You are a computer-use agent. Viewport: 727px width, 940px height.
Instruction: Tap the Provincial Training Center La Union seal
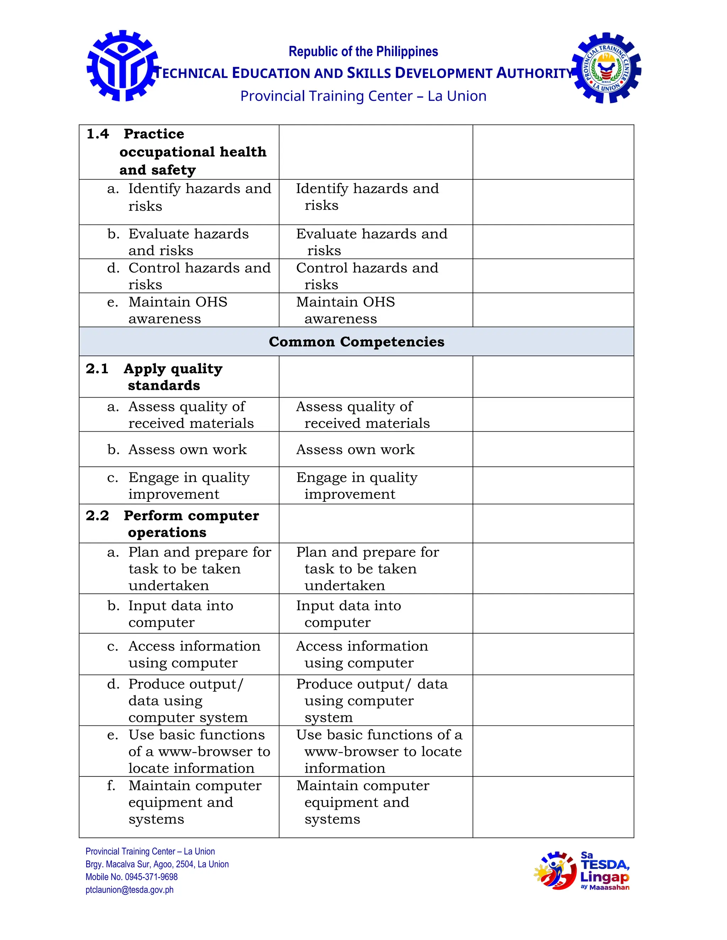coord(606,68)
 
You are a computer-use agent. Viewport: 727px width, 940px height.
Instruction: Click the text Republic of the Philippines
coord(363,52)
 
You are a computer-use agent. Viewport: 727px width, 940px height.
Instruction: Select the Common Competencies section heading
coord(356,342)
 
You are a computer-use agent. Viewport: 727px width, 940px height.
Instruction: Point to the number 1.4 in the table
coord(98,134)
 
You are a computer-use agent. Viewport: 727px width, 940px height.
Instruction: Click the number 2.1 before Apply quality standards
coord(97,369)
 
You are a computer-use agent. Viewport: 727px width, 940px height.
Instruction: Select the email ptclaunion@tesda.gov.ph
coord(129,890)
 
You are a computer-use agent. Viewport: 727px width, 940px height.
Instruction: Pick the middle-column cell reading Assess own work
coord(355,449)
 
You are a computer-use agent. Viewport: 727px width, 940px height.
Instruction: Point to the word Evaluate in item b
coord(154,234)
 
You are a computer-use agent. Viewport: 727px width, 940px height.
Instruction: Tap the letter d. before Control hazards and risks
coord(113,268)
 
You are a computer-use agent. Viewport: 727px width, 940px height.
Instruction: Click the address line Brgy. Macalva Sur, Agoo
coord(157,864)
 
